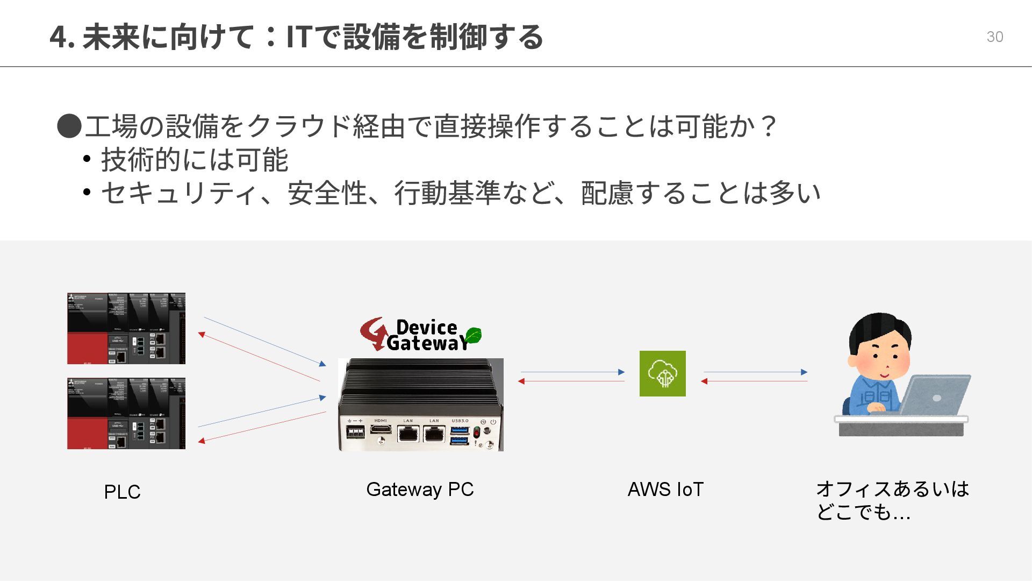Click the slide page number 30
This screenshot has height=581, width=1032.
pyautogui.click(x=994, y=37)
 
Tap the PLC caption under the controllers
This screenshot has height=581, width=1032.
pyautogui.click(x=122, y=492)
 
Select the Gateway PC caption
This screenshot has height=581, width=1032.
pyautogui.click(x=420, y=489)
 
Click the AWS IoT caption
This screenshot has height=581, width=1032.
pyautogui.click(x=665, y=489)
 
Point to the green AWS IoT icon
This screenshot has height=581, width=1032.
pyautogui.click(x=662, y=373)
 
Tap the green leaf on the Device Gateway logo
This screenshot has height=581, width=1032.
pyautogui.click(x=472, y=335)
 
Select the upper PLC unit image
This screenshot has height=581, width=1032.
pyautogui.click(x=126, y=328)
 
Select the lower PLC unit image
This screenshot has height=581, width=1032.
pyautogui.click(x=126, y=413)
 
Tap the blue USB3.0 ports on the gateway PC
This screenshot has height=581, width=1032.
pyautogui.click(x=460, y=435)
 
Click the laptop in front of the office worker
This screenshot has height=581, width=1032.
pyautogui.click(x=934, y=395)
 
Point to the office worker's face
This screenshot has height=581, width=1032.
pyautogui.click(x=882, y=358)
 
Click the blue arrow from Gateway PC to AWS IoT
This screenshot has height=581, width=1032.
pyautogui.click(x=572, y=372)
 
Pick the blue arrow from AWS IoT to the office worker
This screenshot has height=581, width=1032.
pyautogui.click(x=755, y=372)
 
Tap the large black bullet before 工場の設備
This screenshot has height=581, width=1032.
pyautogui.click(x=69, y=126)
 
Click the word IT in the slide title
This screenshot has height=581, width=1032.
pyautogui.click(x=299, y=37)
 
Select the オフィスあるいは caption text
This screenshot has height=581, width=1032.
pyautogui.click(x=892, y=489)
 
